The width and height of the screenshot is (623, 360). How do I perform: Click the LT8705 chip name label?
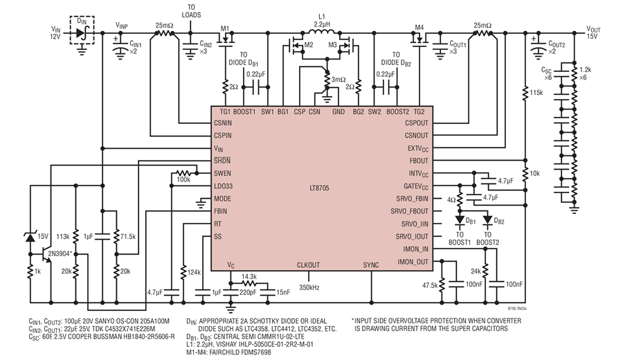(x=319, y=188)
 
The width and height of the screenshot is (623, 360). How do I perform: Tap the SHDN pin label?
(x=222, y=161)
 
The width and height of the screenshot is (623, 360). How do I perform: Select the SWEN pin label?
(x=222, y=174)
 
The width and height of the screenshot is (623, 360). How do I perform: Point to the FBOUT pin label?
(x=419, y=161)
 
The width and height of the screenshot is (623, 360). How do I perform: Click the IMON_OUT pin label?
(x=413, y=262)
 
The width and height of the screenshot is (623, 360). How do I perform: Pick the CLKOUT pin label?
(x=308, y=265)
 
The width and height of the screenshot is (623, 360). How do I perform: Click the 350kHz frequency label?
(x=309, y=287)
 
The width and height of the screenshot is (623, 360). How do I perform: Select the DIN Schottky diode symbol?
(x=82, y=33)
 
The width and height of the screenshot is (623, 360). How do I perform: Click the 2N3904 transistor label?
(x=60, y=253)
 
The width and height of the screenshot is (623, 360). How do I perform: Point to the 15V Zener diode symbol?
(x=30, y=237)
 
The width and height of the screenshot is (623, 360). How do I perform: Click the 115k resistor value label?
(x=536, y=93)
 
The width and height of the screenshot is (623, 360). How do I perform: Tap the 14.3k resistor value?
(x=249, y=276)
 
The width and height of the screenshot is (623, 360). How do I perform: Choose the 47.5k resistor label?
(x=430, y=285)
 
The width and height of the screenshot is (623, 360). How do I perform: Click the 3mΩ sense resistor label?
(x=338, y=80)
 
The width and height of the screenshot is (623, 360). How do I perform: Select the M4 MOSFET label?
(x=419, y=28)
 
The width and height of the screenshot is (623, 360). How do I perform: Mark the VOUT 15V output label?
(x=594, y=33)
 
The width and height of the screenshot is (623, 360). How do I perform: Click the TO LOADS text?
(x=191, y=11)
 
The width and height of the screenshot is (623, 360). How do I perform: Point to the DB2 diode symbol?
(x=487, y=219)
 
